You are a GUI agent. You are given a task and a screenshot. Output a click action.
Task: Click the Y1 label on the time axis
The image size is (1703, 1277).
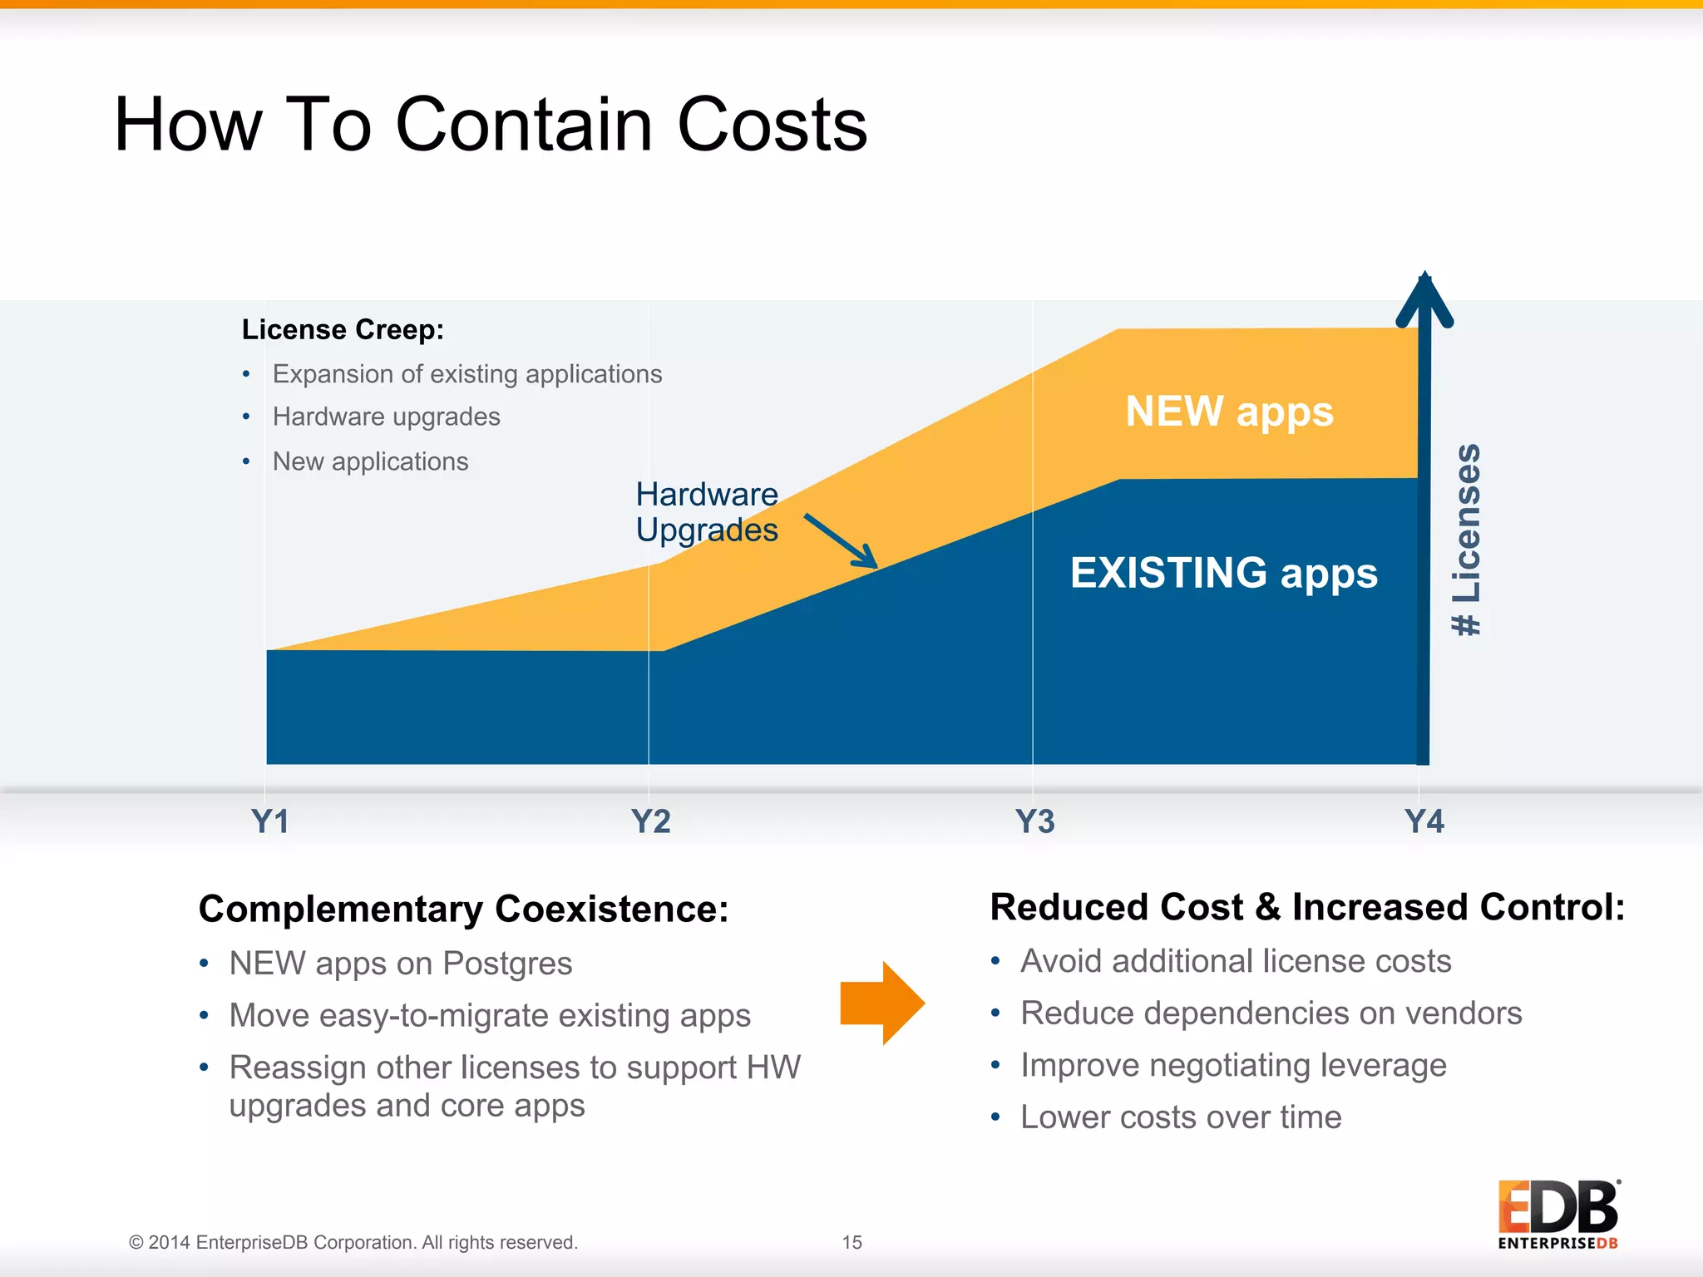(270, 821)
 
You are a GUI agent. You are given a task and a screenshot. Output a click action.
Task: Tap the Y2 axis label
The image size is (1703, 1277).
(650, 821)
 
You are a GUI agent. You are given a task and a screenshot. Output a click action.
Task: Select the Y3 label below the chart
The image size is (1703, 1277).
(1034, 821)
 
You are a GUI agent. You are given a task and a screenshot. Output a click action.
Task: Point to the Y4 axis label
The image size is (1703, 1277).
(1424, 821)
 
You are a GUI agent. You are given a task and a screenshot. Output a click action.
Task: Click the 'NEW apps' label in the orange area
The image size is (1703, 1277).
(1229, 412)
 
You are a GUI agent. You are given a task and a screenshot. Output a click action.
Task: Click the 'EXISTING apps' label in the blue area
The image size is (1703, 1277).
(1223, 573)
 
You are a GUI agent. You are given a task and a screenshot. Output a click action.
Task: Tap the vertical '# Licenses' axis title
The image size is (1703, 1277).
(1467, 540)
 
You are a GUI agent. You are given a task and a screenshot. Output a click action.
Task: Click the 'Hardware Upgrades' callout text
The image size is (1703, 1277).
(707, 512)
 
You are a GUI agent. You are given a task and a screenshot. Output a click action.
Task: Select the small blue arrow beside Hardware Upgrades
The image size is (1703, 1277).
(841, 540)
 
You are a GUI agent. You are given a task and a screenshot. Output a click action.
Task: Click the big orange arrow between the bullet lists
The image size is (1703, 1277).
(882, 1003)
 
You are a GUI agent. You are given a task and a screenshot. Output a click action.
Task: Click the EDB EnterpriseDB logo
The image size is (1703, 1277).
(1558, 1215)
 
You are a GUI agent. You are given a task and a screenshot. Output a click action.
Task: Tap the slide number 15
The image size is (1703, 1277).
(851, 1242)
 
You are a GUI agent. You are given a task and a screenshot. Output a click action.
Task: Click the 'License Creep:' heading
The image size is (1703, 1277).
(343, 330)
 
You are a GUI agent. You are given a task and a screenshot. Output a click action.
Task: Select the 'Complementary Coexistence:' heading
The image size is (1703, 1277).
(463, 909)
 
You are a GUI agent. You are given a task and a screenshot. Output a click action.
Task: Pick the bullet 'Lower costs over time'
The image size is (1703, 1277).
(1181, 1117)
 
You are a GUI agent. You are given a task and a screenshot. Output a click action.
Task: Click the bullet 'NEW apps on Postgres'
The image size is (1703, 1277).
(401, 964)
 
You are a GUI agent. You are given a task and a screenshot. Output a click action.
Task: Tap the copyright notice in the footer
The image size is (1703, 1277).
(353, 1242)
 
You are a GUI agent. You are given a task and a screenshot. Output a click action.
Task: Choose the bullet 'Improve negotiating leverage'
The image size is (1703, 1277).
(1233, 1065)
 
